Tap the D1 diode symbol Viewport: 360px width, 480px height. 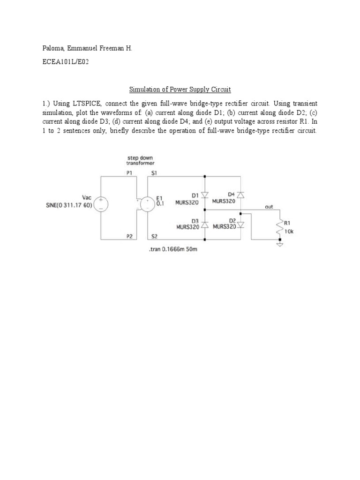coord(205,195)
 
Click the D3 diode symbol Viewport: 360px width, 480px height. coord(205,225)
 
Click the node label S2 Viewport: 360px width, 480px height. coord(154,236)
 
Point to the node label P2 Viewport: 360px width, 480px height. coord(129,236)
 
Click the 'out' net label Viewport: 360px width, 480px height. coord(269,206)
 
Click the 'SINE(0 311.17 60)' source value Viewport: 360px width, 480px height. coord(70,205)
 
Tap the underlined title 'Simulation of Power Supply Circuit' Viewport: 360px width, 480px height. coord(180,89)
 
